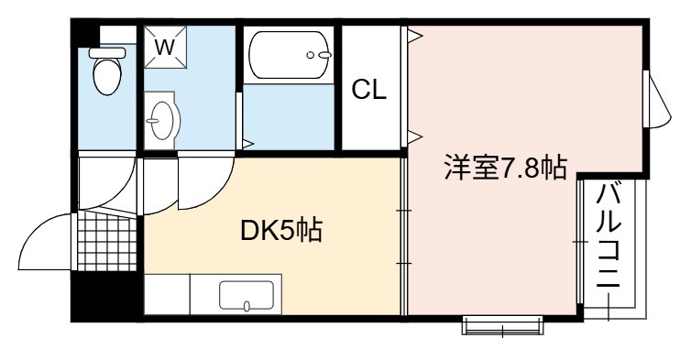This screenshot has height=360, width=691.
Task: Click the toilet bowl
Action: click(x=107, y=77)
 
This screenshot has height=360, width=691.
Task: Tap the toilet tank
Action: click(x=107, y=53)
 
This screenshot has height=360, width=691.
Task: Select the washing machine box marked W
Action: click(x=165, y=47)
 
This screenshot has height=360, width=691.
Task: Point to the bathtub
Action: click(x=289, y=55)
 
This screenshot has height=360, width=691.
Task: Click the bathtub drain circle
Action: click(x=311, y=55)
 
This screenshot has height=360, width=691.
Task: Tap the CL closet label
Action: click(x=368, y=90)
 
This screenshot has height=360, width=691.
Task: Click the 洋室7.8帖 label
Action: click(x=505, y=167)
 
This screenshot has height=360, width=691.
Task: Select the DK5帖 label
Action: click(x=281, y=230)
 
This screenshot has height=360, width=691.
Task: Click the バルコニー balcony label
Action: click(x=609, y=235)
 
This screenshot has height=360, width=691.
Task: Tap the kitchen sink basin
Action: click(x=247, y=295)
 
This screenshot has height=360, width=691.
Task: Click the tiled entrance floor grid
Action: click(x=107, y=242)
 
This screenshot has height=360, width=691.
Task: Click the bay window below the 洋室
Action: click(x=502, y=326)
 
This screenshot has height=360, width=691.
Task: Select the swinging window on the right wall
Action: click(x=656, y=99)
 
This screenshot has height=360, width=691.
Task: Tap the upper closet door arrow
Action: click(x=415, y=36)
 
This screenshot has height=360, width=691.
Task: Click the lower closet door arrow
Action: click(x=415, y=138)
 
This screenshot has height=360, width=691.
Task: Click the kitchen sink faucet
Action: click(x=247, y=306)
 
